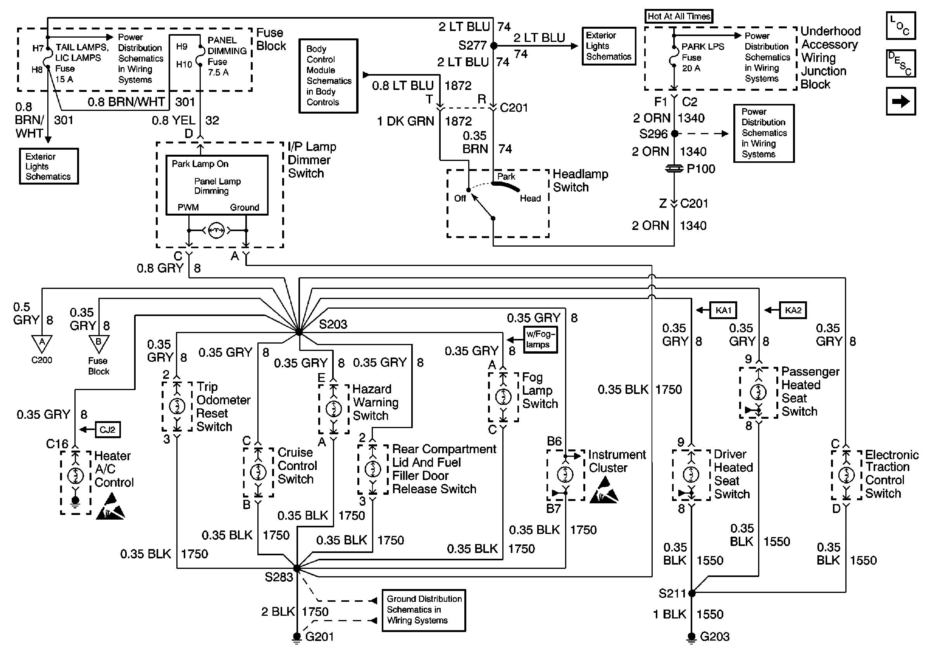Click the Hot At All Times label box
[x=678, y=16]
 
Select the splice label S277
[x=472, y=45]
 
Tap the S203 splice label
[x=333, y=324]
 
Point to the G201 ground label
[x=319, y=636]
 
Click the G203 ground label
[x=714, y=636]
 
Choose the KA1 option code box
[x=723, y=310]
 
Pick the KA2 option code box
[x=793, y=310]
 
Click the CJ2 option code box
[x=107, y=430]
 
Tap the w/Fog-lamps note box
[x=540, y=339]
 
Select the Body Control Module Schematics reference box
[x=328, y=76]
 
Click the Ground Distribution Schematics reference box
[x=424, y=610]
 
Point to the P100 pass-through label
[x=701, y=169]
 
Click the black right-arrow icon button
[x=901, y=101]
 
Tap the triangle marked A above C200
[x=42, y=343]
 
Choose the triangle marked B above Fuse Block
[x=98, y=343]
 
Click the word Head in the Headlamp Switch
[x=530, y=198]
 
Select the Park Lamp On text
[x=200, y=164]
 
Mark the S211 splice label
[x=671, y=593]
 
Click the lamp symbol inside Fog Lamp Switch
[x=503, y=397]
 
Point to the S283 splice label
[x=279, y=577]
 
